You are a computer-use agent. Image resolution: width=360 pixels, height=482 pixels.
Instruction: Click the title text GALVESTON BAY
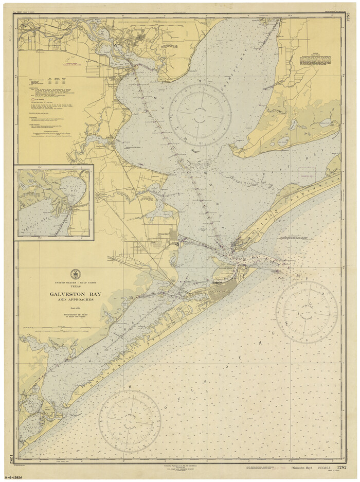[75, 294]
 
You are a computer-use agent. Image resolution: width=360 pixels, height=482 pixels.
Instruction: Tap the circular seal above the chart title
[76, 274]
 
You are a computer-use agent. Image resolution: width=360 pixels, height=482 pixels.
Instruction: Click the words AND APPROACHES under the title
[75, 300]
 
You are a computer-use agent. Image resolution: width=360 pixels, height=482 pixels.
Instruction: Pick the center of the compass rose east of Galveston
[307, 312]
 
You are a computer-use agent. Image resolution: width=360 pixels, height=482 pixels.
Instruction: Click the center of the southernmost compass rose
[130, 421]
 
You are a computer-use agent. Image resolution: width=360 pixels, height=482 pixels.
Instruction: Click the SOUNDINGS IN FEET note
[75, 314]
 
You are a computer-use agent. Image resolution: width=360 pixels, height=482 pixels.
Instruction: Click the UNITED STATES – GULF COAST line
[75, 283]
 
